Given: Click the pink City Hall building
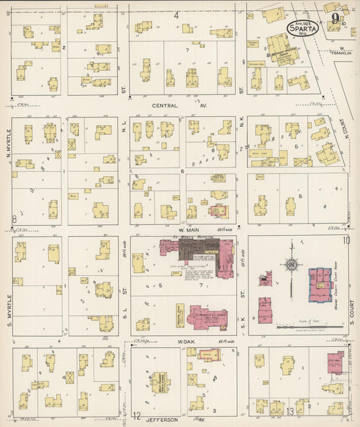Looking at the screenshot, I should pos(335,363).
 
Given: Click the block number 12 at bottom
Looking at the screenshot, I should pos(136,416).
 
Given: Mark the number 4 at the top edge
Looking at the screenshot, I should pos(176,14).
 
